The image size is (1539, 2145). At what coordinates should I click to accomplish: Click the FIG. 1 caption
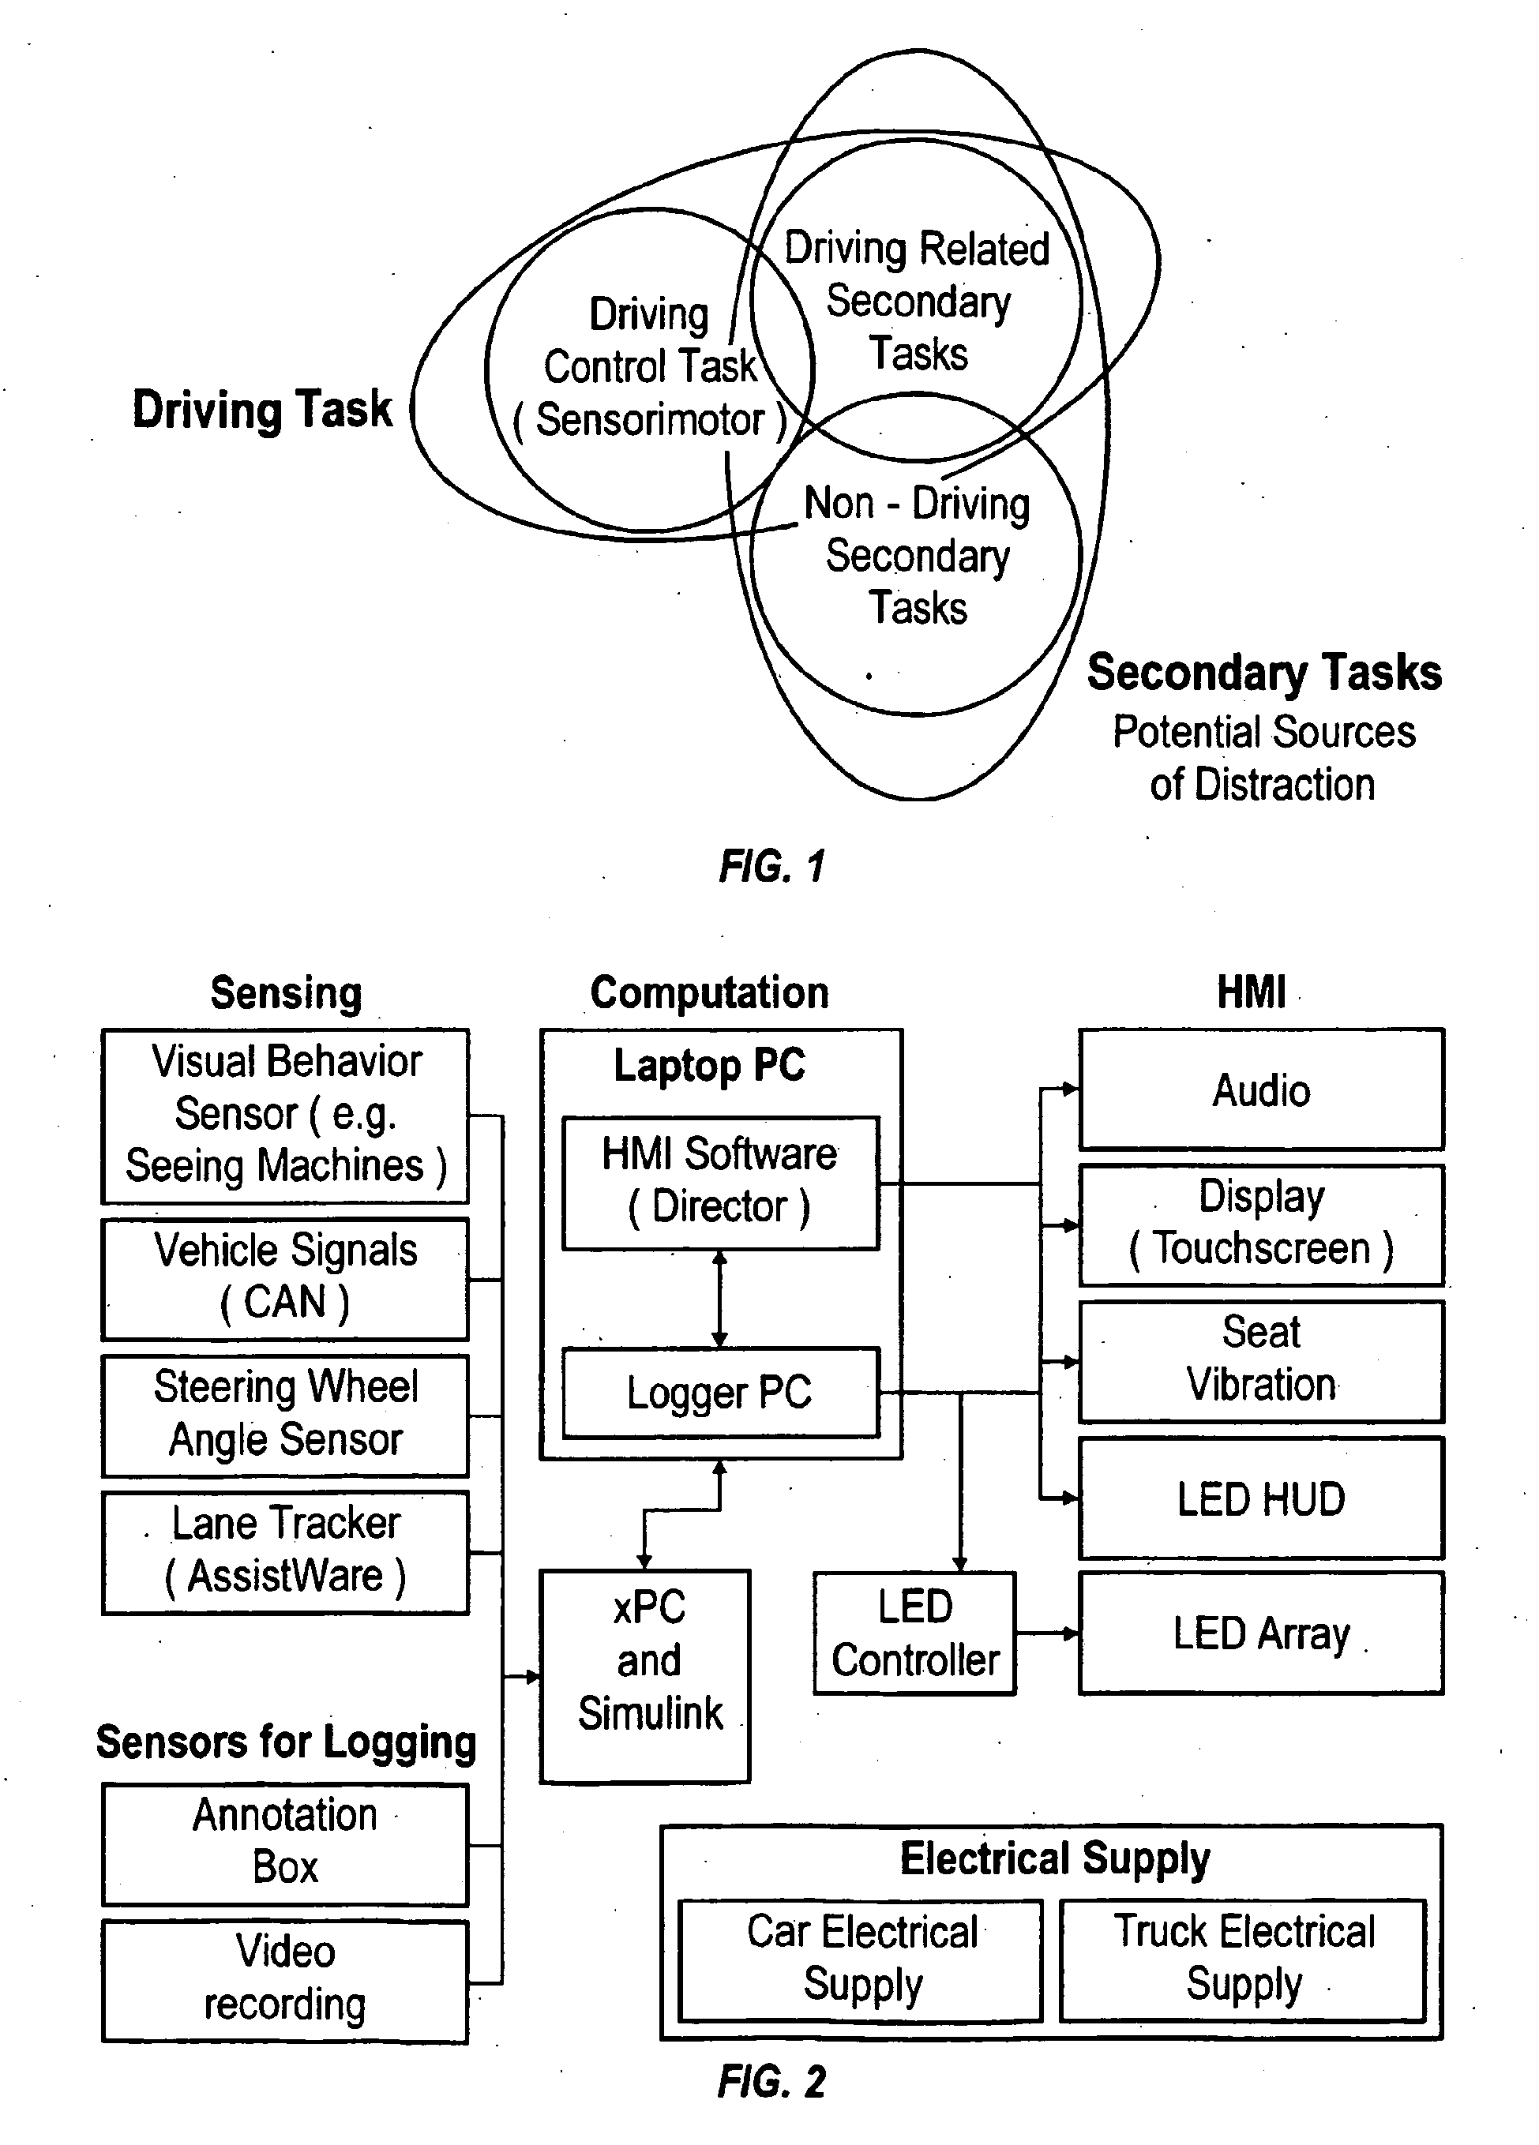[771, 866]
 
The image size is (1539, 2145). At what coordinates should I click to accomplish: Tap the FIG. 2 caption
[771, 2082]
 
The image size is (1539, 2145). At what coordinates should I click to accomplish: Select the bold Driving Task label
[262, 410]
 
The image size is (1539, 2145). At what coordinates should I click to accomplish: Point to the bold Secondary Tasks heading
[1263, 673]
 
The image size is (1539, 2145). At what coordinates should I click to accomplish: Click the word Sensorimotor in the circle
[650, 420]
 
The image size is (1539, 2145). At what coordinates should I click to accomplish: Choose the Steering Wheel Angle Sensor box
[285, 1415]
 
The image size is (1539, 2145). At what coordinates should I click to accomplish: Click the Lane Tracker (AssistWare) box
[285, 1552]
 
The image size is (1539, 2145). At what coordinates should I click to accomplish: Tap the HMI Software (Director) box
[720, 1182]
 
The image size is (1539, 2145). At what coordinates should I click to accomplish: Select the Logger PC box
[720, 1392]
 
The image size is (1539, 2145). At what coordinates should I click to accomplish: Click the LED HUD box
[1261, 1499]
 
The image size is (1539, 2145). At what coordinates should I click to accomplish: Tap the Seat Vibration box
[1261, 1360]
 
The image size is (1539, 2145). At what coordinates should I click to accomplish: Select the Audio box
[1261, 1089]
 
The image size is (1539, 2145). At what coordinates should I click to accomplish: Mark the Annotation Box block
[285, 1843]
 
